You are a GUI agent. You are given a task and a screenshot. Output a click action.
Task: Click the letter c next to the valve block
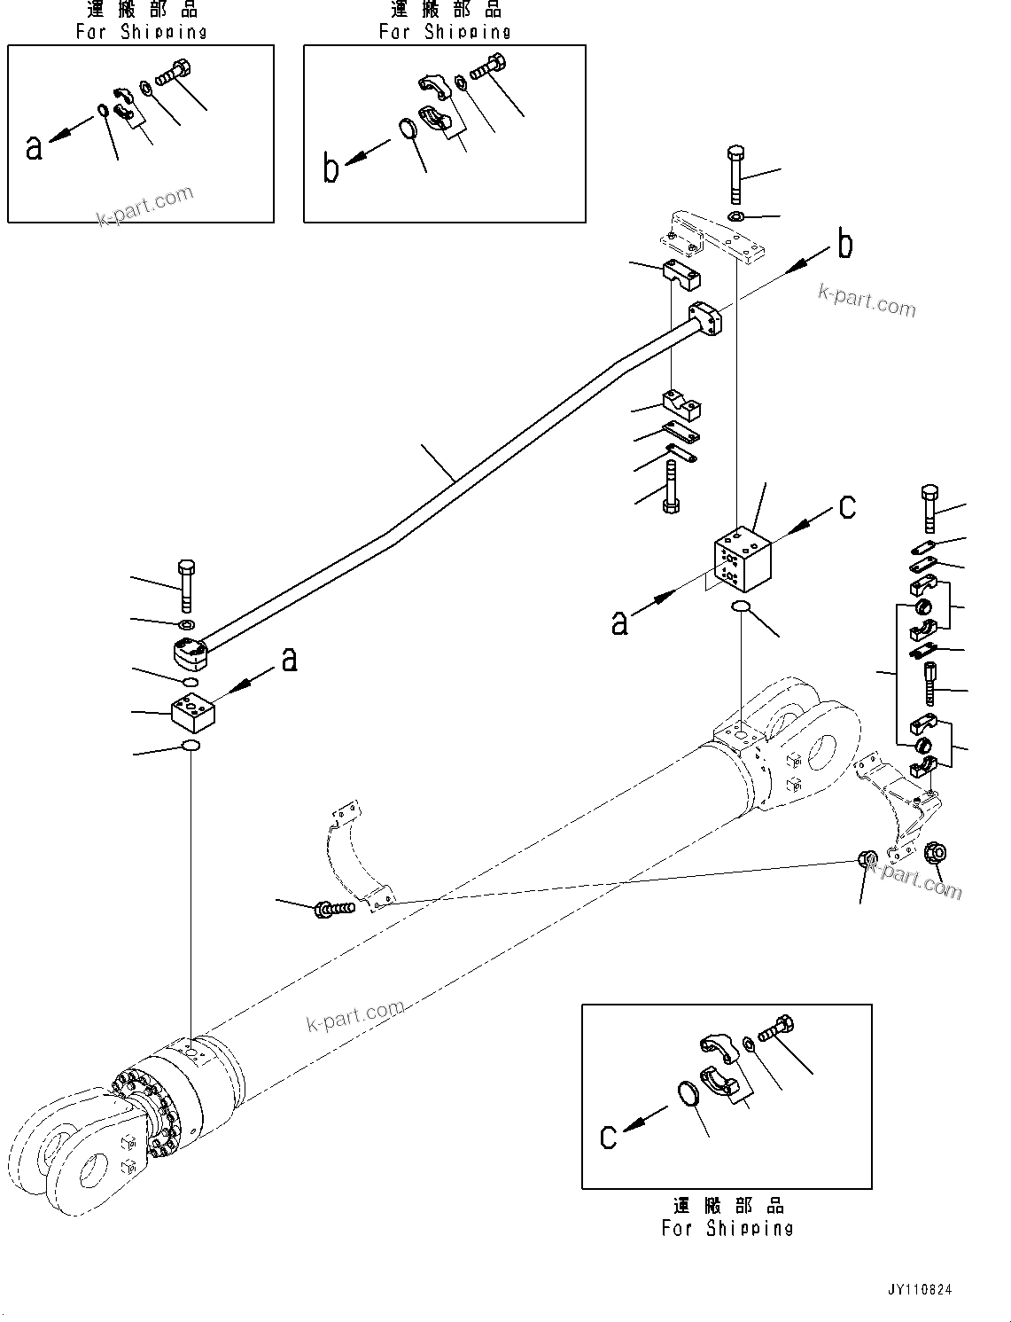coord(847,506)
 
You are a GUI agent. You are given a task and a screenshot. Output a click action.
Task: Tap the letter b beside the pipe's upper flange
coord(845,245)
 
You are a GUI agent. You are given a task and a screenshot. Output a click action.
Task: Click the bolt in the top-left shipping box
coord(174,74)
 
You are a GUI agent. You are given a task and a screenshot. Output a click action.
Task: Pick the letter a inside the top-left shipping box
coord(34,147)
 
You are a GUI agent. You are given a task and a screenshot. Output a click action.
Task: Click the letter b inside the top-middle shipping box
coord(331,168)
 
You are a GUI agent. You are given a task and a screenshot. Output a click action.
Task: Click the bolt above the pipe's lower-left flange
coord(186,585)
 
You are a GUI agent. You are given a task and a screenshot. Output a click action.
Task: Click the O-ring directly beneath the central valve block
coord(741,606)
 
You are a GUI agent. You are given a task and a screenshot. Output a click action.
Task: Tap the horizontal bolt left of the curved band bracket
coord(334,908)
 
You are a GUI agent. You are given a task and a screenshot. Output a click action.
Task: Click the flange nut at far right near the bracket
coord(935,854)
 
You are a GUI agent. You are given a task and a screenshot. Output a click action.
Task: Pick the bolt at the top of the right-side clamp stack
coord(929,506)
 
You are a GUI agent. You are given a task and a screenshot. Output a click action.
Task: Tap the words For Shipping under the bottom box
coord(727,1228)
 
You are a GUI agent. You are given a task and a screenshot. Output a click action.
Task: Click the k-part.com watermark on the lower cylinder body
coord(354,1016)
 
